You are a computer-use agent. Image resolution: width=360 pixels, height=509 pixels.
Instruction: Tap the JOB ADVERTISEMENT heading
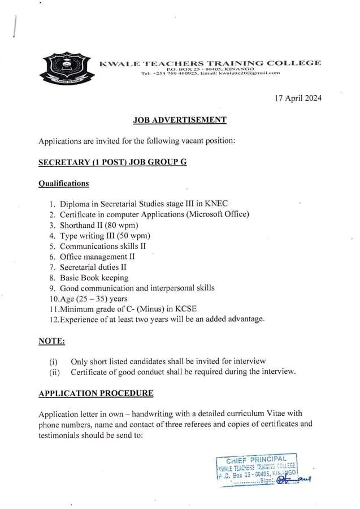coord(180,120)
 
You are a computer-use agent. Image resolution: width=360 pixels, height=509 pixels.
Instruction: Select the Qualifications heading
coord(63,183)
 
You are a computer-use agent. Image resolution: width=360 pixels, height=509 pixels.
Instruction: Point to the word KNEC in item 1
coord(218,204)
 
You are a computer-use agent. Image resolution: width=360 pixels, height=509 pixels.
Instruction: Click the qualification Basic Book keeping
coord(94,278)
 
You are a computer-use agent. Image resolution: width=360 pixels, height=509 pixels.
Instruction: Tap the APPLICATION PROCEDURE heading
coord(96,393)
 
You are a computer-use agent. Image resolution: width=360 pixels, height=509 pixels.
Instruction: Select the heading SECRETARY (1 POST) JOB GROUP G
coord(112,162)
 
